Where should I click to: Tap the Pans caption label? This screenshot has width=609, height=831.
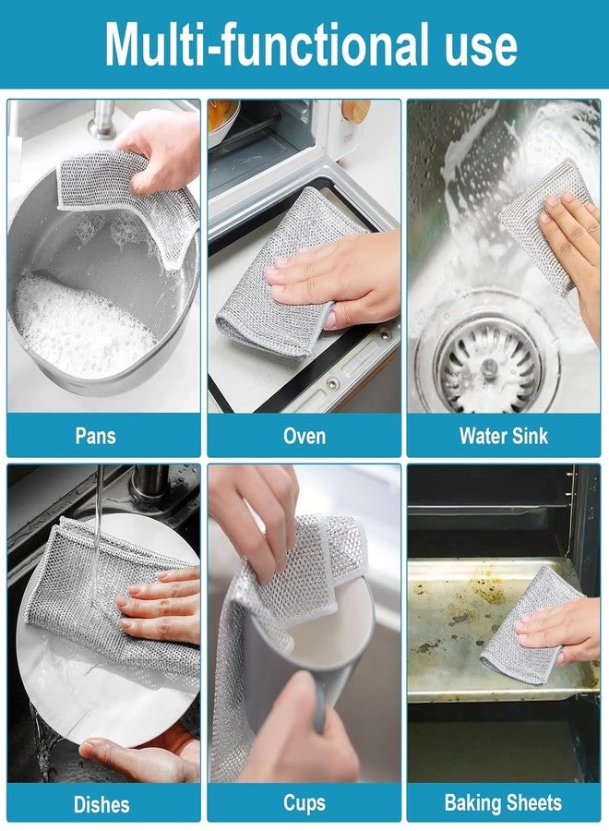point(95,435)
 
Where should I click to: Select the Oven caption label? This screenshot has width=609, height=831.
point(304,435)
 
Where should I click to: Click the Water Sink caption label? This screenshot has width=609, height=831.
point(503,435)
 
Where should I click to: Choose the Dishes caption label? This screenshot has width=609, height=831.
point(101,803)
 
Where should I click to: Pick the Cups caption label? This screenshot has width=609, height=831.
point(304,803)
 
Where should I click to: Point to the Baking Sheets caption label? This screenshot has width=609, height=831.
point(503,803)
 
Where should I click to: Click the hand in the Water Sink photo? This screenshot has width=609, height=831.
point(567,249)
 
